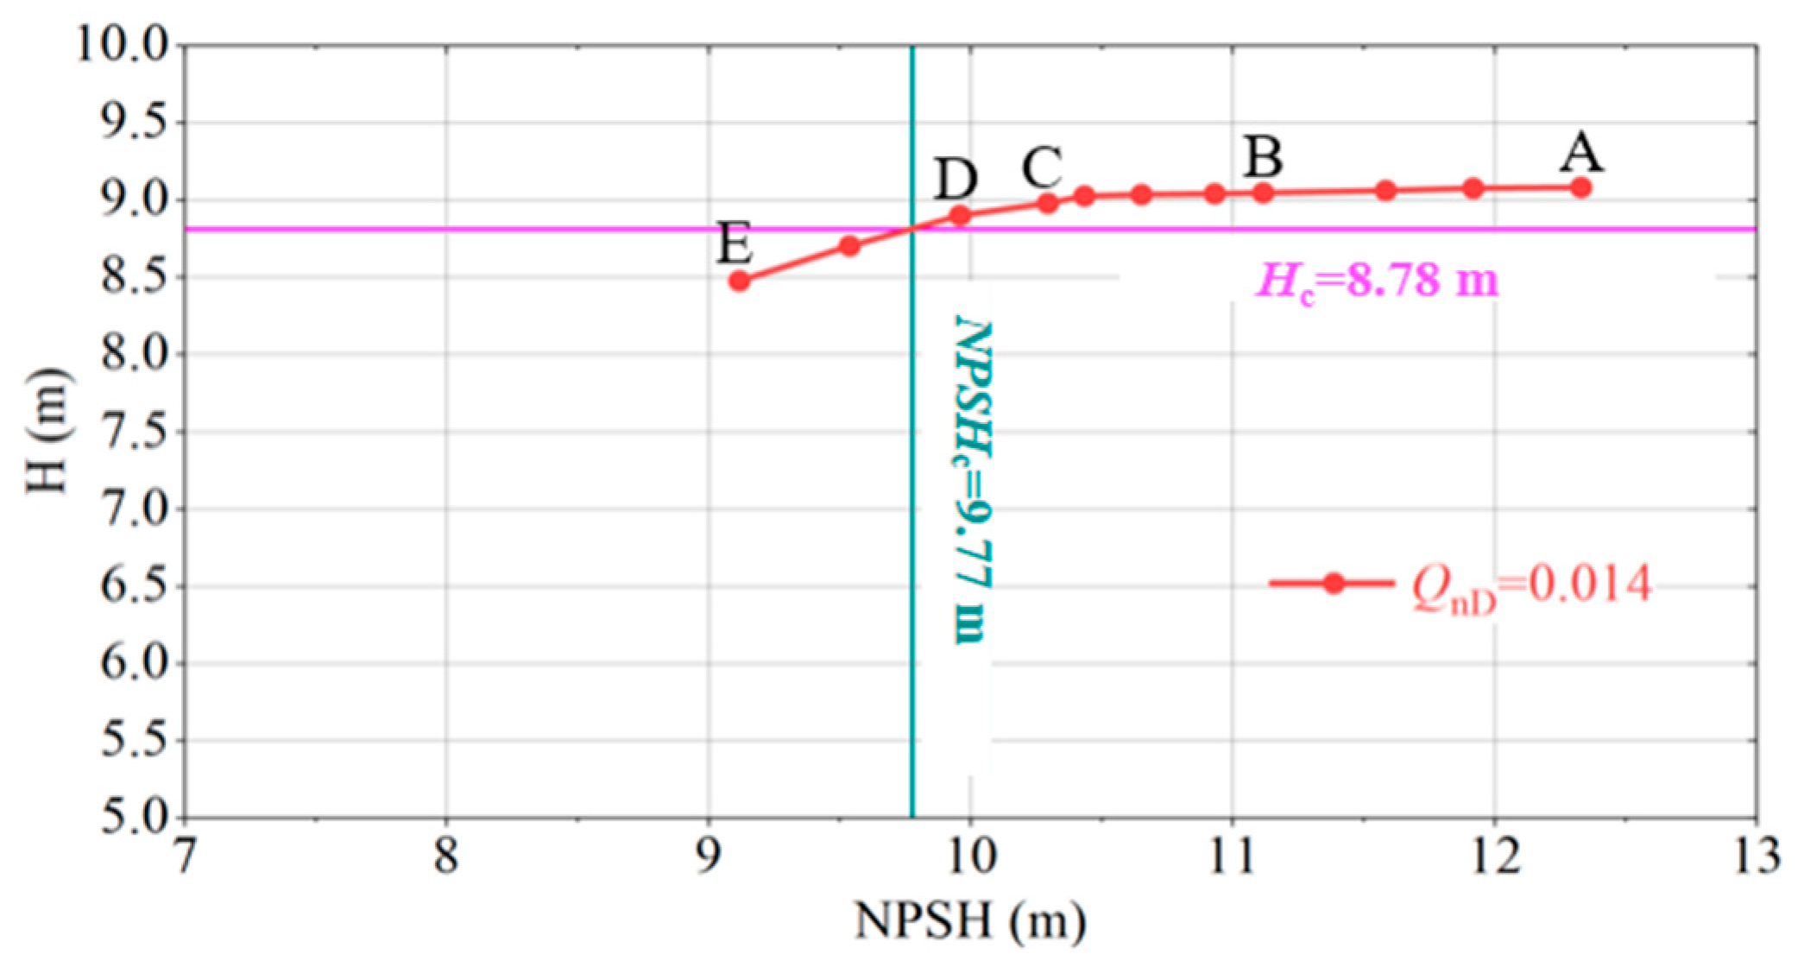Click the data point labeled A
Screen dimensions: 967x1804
point(1580,187)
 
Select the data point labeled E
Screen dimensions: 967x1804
point(739,281)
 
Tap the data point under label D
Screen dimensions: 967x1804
point(959,214)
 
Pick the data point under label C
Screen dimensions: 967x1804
point(1048,203)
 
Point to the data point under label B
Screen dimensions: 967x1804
point(1263,193)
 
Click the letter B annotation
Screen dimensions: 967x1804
point(1264,157)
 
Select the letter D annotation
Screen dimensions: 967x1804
point(956,180)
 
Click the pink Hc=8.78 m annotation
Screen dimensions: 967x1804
point(1377,281)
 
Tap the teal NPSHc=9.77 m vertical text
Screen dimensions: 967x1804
point(974,479)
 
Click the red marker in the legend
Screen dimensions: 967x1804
point(1334,583)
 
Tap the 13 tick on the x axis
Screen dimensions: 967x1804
point(1757,857)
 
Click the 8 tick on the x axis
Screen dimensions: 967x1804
point(446,857)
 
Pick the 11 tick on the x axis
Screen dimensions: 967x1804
point(1233,857)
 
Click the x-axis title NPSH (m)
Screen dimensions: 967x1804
point(969,920)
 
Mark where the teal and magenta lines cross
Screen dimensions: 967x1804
point(912,229)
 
